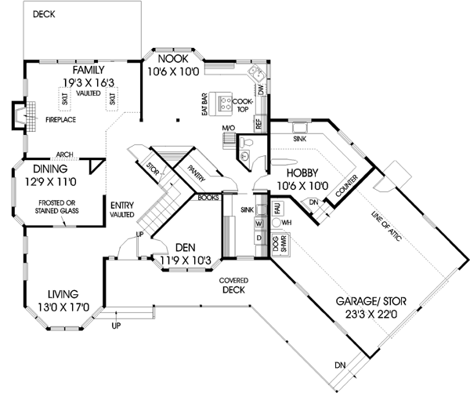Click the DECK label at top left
coord(44,14)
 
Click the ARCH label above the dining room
coord(66,155)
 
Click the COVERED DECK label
coord(234,285)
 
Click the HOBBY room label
coord(301,173)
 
